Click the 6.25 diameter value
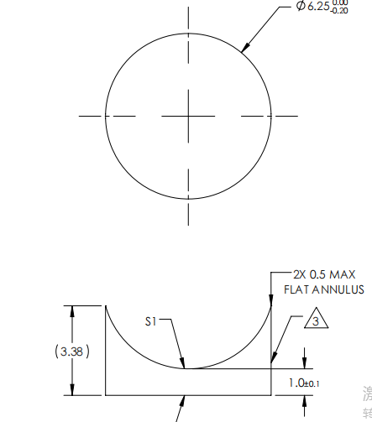point(320,7)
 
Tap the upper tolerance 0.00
point(341,3)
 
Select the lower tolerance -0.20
point(340,11)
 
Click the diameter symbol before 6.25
point(301,7)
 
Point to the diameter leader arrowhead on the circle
point(244,50)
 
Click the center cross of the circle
point(188,116)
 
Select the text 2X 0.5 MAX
point(323,274)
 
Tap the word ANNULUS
point(339,289)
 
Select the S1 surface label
point(152,320)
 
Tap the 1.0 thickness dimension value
point(296,383)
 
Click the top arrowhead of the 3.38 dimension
point(72,309)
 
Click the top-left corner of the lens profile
point(105,305)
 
